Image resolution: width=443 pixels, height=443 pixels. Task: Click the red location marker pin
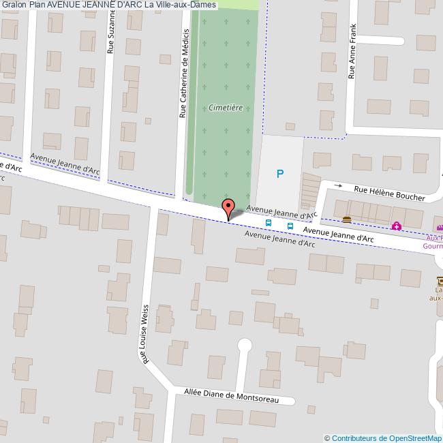(228, 208)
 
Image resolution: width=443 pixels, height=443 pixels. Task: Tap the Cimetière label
(224, 108)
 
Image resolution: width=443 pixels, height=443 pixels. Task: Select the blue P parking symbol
(279, 174)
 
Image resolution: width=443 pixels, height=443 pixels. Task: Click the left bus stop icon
(269, 223)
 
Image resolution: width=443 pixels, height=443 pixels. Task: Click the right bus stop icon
(290, 226)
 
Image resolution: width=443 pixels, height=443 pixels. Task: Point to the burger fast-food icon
(347, 219)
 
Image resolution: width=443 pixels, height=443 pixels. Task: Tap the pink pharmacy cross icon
(396, 226)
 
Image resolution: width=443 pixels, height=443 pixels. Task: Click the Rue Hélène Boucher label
(388, 194)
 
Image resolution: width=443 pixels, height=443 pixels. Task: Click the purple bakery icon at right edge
(440, 228)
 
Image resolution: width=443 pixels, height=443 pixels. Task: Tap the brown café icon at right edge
(440, 280)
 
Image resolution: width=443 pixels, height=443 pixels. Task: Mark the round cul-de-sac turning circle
(243, 346)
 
